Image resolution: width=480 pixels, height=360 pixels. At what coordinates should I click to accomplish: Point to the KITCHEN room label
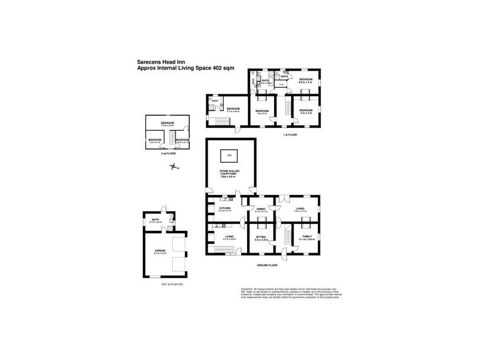224,209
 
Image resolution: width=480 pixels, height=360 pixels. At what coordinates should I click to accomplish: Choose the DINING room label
260,209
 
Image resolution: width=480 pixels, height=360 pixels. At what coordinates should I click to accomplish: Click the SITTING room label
260,238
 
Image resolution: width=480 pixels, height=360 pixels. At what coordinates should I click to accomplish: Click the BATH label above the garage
155,220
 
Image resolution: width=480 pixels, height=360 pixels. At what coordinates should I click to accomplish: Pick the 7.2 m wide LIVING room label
301,209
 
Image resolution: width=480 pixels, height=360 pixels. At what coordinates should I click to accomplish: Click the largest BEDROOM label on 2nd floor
167,124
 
